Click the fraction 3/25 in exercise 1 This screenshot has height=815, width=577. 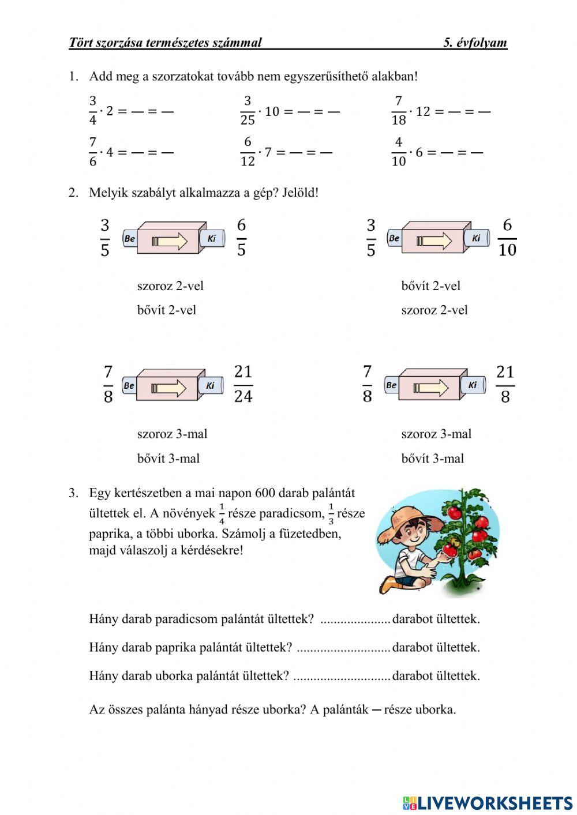coord(248,111)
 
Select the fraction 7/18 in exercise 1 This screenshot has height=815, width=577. coord(399,111)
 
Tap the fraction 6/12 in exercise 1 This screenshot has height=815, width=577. coord(248,152)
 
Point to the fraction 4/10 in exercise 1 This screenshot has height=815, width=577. coord(399,152)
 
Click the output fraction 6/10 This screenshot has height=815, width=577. coord(507,237)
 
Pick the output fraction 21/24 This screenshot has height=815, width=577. coord(243,384)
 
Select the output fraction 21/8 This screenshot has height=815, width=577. coord(505,384)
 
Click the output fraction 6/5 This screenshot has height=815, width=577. coord(241,237)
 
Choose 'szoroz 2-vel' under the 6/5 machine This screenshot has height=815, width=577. coord(170,286)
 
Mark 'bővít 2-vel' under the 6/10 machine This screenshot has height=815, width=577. coord(430,286)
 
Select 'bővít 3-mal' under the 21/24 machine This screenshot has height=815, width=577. coord(168,459)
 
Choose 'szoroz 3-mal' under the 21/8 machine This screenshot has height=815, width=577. coord(436,434)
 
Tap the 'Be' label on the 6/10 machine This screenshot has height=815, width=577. coord(395,238)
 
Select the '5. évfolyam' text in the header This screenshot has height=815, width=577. coord(475,42)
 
